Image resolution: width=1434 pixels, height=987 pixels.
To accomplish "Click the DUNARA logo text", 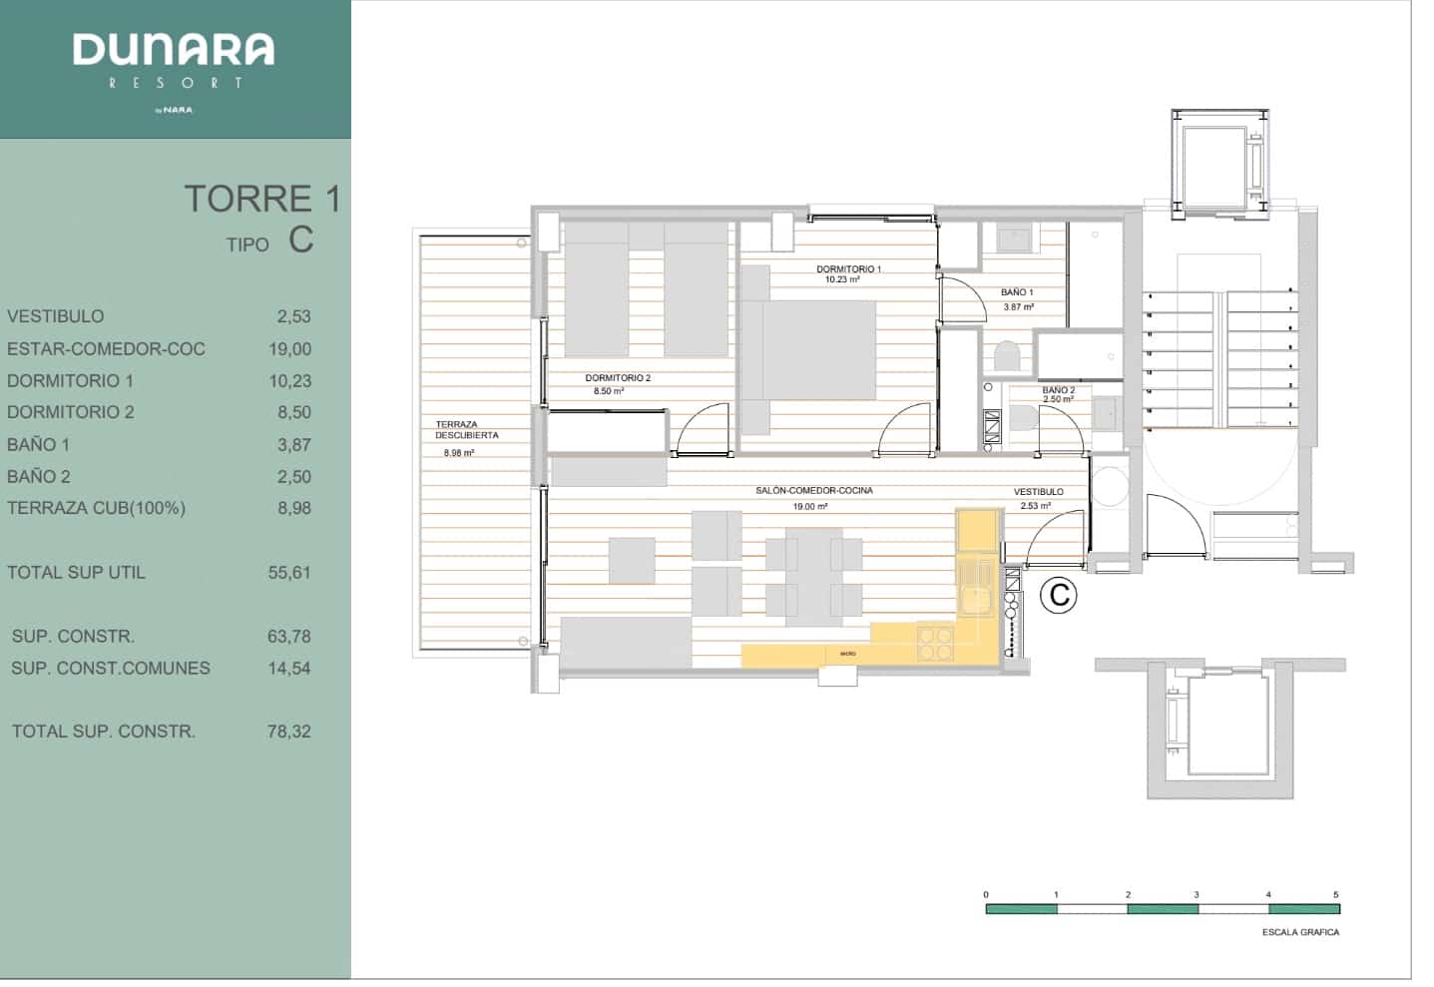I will (174, 49).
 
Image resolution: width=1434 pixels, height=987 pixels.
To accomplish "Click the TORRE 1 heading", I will (261, 199).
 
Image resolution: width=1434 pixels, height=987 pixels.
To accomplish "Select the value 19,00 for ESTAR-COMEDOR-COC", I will (289, 349).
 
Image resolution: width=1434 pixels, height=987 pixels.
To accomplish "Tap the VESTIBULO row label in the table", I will (55, 316).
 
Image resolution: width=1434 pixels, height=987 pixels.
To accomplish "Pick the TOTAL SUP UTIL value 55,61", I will (289, 573).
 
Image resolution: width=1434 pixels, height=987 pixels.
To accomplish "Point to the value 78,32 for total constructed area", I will (289, 732).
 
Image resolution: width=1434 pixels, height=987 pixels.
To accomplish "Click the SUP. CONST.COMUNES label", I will (111, 669).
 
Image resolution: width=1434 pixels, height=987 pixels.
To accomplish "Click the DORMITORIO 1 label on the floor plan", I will (848, 269).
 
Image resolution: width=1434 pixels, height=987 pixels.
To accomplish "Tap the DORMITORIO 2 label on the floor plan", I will (618, 378).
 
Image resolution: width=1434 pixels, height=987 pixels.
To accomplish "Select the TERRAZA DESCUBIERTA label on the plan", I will (466, 430).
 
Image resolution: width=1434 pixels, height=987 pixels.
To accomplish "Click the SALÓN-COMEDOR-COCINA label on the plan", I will (813, 491).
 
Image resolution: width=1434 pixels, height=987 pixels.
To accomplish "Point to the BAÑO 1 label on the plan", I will (1017, 292).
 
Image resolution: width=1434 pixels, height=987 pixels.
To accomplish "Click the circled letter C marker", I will (1058, 596).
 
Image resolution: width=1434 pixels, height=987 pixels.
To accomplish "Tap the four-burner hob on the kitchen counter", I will (935, 643).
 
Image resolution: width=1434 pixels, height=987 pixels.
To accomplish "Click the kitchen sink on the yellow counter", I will (972, 599).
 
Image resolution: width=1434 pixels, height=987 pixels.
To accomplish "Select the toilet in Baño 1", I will (1007, 355).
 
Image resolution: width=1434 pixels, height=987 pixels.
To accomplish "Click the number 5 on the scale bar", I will (1335, 895).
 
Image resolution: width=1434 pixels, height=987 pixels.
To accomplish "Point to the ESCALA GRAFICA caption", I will (1300, 932).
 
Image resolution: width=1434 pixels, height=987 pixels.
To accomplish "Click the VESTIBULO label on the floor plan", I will (1038, 492).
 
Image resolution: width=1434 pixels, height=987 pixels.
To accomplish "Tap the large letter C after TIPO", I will (300, 241).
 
